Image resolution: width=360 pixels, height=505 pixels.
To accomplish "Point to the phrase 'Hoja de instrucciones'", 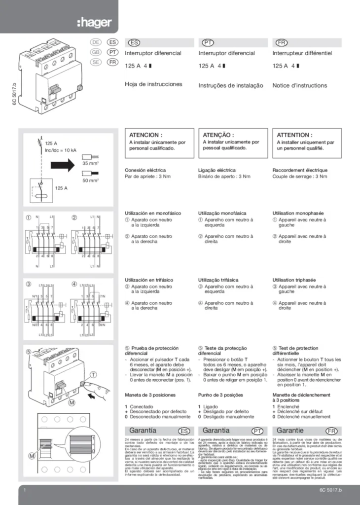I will pyautogui.click(x=153, y=84).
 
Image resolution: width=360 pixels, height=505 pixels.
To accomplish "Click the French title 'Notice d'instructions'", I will pyautogui.click(x=299, y=85).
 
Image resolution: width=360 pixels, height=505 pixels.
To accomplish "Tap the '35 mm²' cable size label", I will pyautogui.click(x=91, y=162).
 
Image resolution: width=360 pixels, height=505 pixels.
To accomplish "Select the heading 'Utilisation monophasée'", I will pyautogui.click(x=298, y=213).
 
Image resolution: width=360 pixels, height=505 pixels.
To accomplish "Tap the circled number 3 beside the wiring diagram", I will pyautogui.click(x=29, y=284).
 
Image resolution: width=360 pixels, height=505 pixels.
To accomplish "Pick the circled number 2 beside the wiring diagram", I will pyautogui.click(x=74, y=217).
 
